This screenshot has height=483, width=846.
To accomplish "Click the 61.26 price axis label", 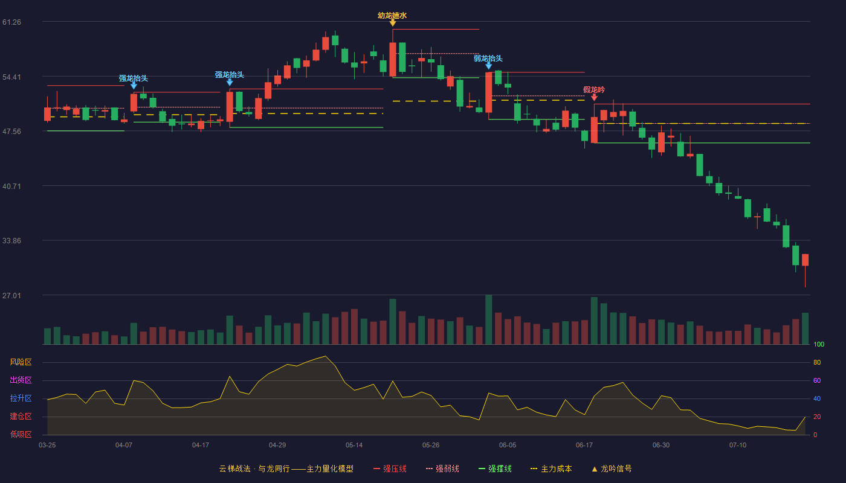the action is (11, 22).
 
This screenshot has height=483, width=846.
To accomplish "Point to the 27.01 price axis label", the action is (11, 295).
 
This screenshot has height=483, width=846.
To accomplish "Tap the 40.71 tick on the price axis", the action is (11, 187).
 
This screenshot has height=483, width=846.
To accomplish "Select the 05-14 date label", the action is (354, 446).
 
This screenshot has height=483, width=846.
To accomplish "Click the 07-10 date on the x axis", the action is (738, 446).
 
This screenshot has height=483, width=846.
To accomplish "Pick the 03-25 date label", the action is (47, 446).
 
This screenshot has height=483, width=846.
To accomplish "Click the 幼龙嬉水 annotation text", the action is (392, 16).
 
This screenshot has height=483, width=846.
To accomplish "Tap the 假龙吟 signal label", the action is (594, 90).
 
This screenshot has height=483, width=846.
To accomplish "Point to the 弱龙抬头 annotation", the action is (488, 59).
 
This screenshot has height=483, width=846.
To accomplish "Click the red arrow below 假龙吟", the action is (594, 98).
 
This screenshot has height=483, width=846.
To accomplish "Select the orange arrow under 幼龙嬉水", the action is (393, 23).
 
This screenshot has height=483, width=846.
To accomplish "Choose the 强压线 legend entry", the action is (390, 469).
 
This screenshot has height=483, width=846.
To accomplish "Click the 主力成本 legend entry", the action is (551, 469).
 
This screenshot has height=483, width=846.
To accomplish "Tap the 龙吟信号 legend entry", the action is (612, 469).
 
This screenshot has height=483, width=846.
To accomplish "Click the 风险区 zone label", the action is (21, 362).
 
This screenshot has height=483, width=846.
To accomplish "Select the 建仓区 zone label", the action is (21, 417).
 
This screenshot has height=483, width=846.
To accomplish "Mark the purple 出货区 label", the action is (21, 380).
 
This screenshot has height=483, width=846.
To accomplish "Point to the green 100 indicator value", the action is (819, 344).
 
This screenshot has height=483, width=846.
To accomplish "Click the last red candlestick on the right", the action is (805, 260).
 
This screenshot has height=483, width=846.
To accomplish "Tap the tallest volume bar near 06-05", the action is (488, 319).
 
